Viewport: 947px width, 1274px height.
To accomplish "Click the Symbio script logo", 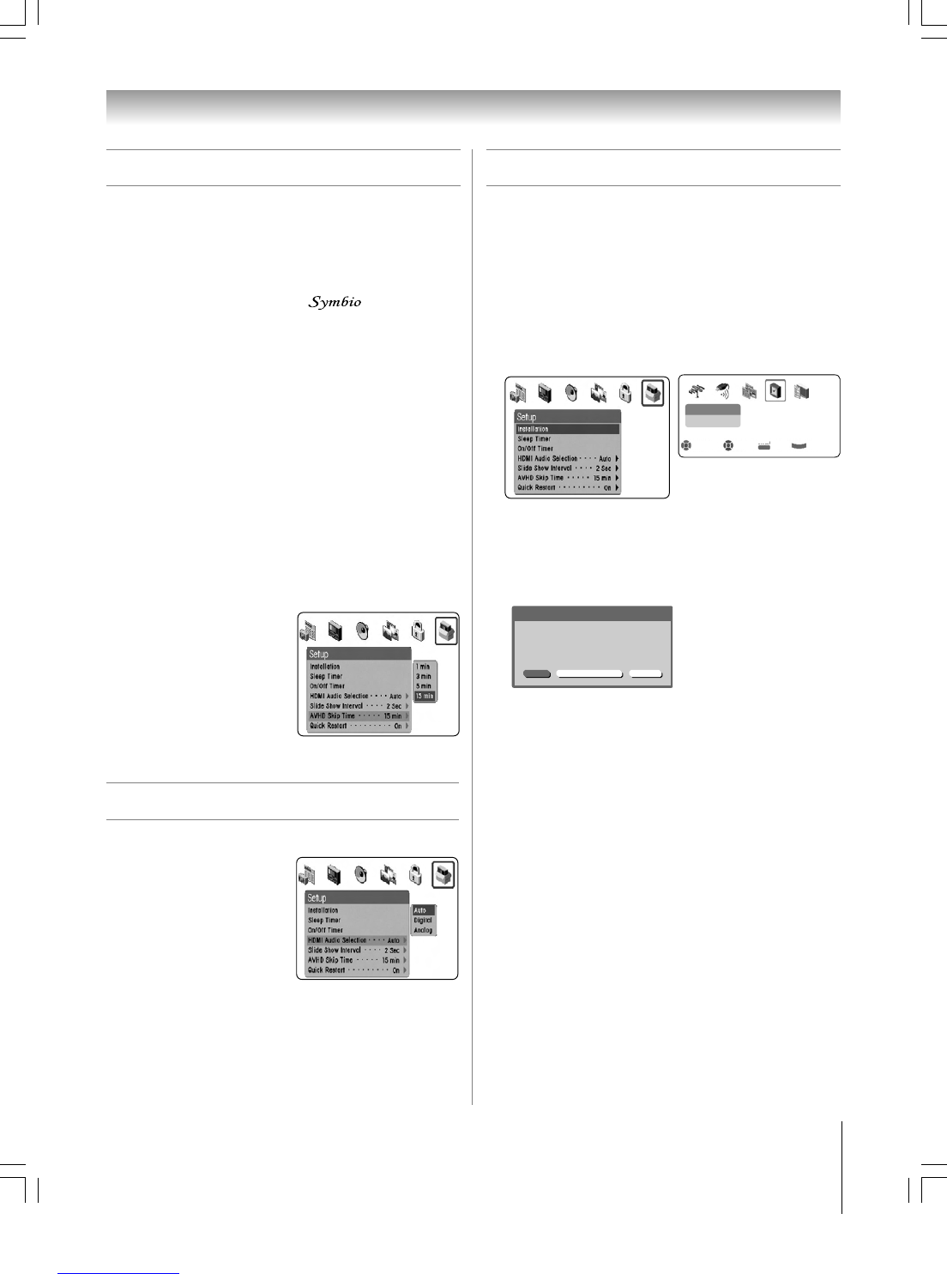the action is point(335,302).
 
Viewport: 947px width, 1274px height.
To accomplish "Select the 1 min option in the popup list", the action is point(424,667).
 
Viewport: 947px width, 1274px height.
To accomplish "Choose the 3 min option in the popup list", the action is point(424,677).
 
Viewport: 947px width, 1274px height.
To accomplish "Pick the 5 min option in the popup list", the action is point(424,686).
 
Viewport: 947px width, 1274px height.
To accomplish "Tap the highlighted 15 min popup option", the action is point(425,697).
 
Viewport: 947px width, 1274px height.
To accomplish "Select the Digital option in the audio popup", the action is point(423,921).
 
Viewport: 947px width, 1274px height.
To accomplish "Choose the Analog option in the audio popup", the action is point(423,930).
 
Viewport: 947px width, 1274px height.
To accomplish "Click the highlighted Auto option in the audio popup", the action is point(423,910).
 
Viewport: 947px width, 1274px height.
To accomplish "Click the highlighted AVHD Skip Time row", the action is point(358,715).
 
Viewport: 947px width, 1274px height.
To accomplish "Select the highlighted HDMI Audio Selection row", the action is point(356,940).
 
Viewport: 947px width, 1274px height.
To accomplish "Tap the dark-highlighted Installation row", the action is point(566,429).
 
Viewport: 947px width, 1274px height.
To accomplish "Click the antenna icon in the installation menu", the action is point(697,391).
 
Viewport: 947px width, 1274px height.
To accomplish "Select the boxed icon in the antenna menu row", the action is point(775,391).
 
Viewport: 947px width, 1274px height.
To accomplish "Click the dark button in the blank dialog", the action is point(537,674).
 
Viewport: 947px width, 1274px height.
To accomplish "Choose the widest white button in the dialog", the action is point(589,674).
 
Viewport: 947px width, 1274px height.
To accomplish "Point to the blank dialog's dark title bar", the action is point(592,613).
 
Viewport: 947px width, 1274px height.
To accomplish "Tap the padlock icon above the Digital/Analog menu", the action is point(415,874).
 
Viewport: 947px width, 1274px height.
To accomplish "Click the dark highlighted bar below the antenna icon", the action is point(712,410).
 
